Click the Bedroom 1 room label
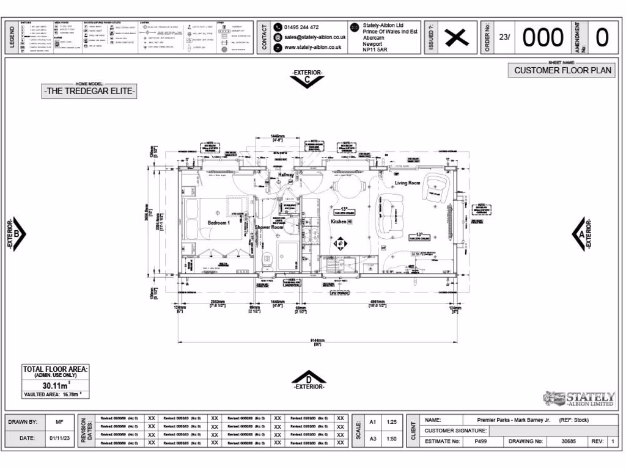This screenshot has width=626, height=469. point(218,223)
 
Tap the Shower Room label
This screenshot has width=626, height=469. point(269,227)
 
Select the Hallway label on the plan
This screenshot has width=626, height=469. point(286,175)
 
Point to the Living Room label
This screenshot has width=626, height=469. point(408,183)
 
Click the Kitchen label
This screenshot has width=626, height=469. point(339,222)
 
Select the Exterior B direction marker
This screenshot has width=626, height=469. point(17,234)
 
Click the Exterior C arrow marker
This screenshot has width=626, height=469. point(307,79)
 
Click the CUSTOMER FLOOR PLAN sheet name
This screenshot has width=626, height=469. point(562,70)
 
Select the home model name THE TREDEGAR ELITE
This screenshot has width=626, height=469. point(89,92)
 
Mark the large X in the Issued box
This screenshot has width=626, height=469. point(455,38)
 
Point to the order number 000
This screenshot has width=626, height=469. point(543,38)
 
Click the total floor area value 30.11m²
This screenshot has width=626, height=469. point(56,386)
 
